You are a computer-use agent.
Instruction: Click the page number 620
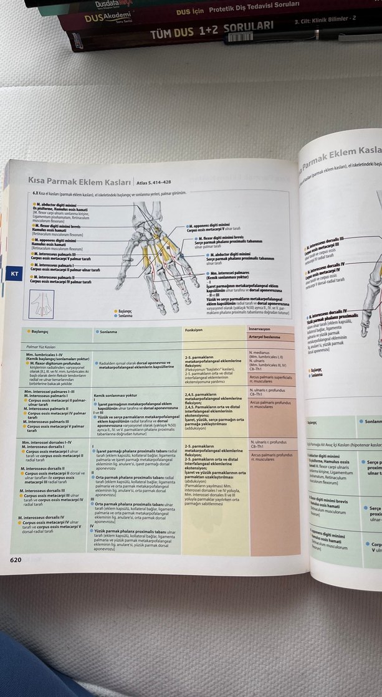tap(16, 559)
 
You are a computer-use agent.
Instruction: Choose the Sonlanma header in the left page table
tap(110, 331)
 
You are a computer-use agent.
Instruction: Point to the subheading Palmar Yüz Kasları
tap(41, 346)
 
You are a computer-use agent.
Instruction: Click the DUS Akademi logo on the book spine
tap(102, 19)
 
